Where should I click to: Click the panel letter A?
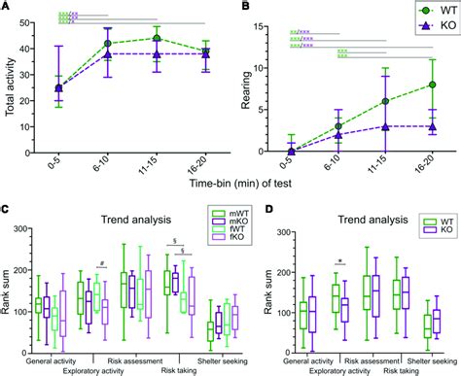pos(7,8)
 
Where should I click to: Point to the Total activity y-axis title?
pos(12,87)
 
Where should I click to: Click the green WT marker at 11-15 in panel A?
pos(156,39)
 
